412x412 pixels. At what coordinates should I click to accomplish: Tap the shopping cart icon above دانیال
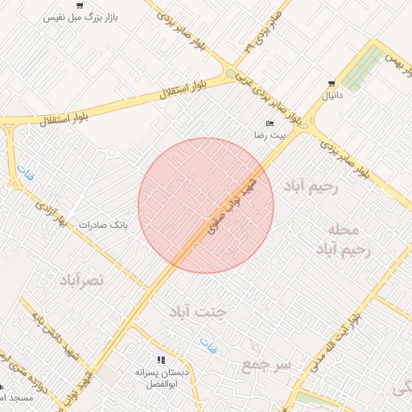(332, 84)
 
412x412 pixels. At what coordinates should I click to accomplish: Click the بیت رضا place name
(270, 135)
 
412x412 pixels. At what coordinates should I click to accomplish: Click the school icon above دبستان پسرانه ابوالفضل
(161, 360)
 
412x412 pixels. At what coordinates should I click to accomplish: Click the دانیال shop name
(332, 96)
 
